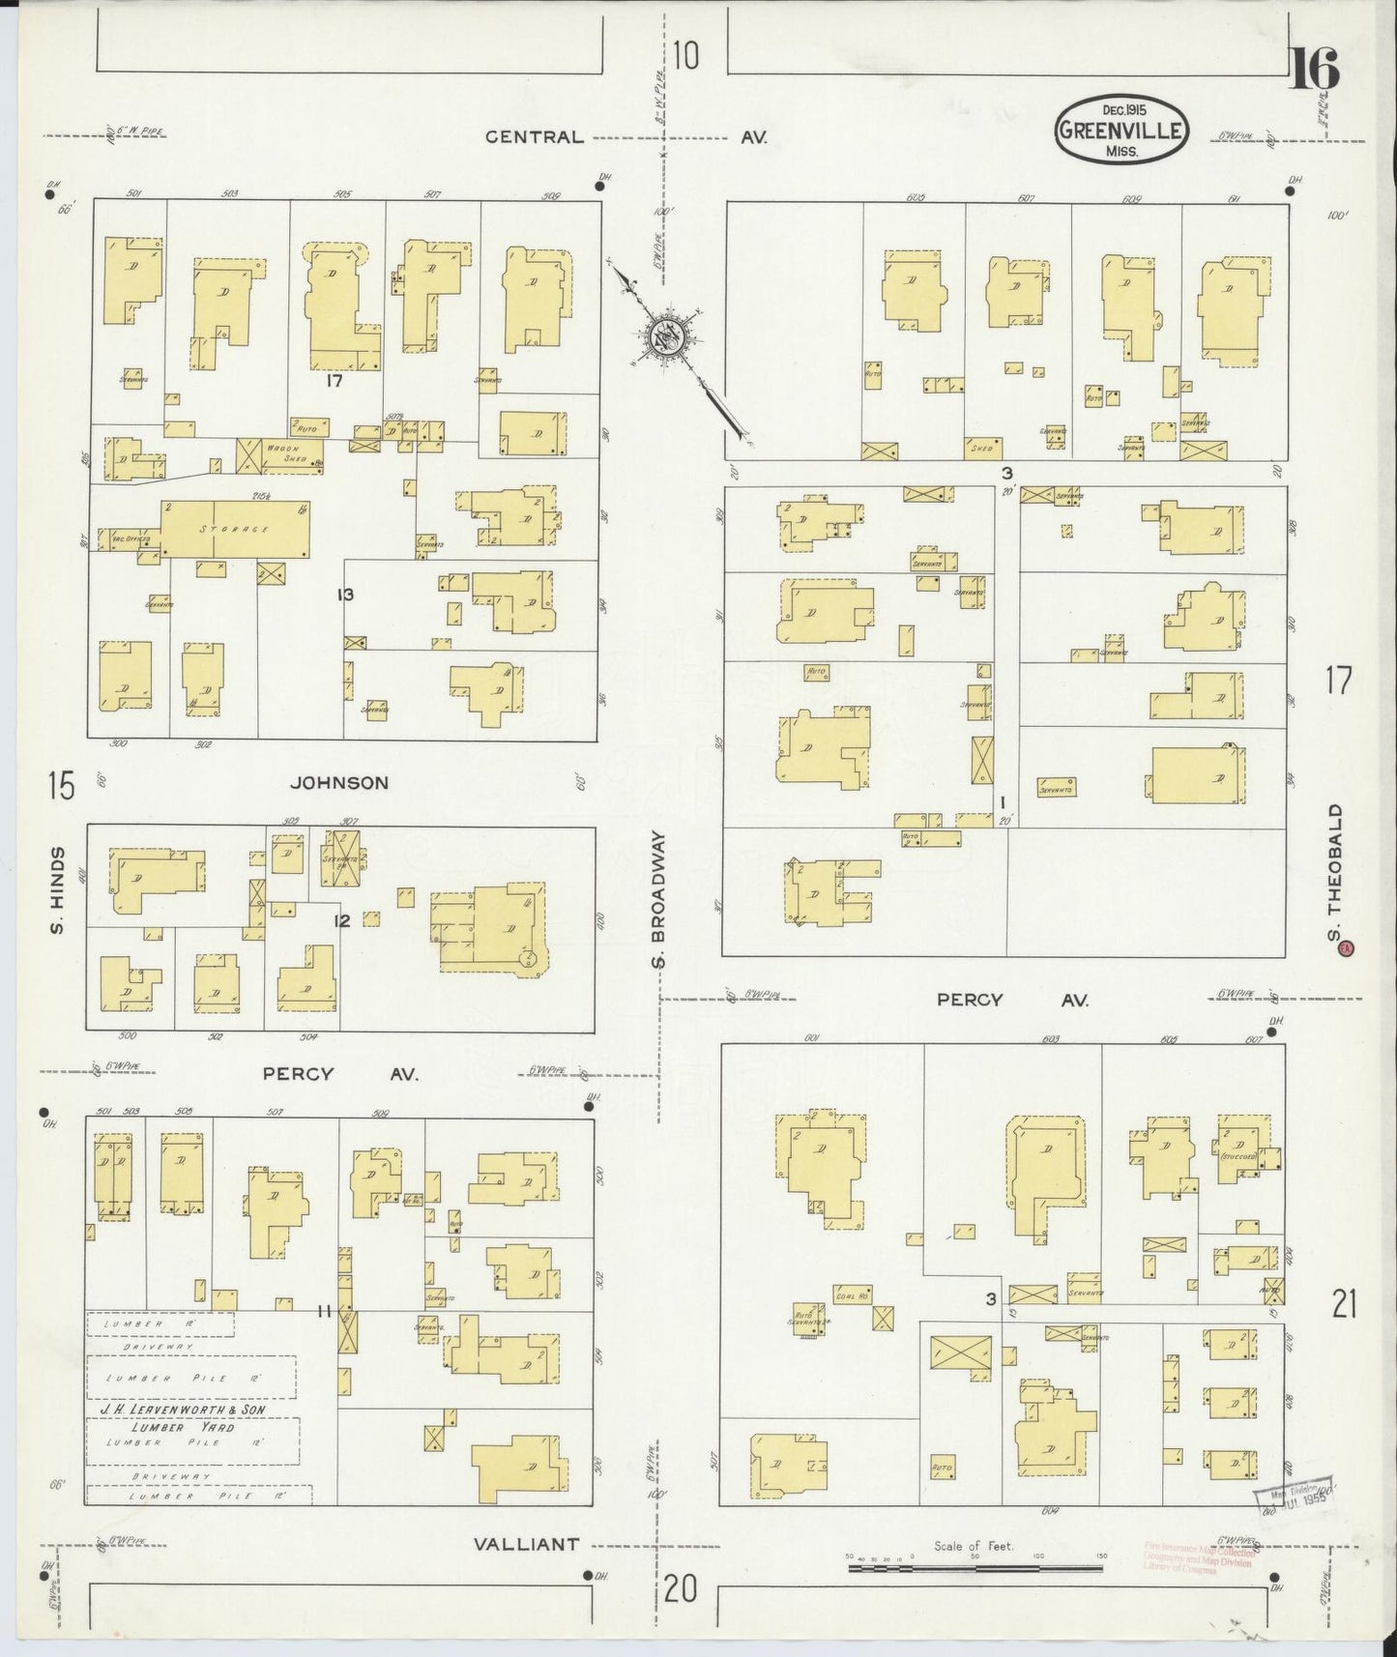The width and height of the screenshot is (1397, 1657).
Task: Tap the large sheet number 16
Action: (x=1315, y=71)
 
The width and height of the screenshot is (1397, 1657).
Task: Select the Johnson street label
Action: (x=341, y=783)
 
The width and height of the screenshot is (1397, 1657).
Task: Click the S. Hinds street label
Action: (x=58, y=890)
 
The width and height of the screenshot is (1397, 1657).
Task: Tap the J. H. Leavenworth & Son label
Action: (x=183, y=1410)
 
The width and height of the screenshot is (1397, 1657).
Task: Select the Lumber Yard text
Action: (x=185, y=1427)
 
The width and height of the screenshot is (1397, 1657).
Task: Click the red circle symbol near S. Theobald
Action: (x=1344, y=949)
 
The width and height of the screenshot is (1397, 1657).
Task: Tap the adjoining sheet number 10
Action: (x=685, y=57)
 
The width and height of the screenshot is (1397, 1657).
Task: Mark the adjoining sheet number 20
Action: (x=682, y=1589)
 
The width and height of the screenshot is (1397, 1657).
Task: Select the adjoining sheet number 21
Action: (x=1344, y=1306)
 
